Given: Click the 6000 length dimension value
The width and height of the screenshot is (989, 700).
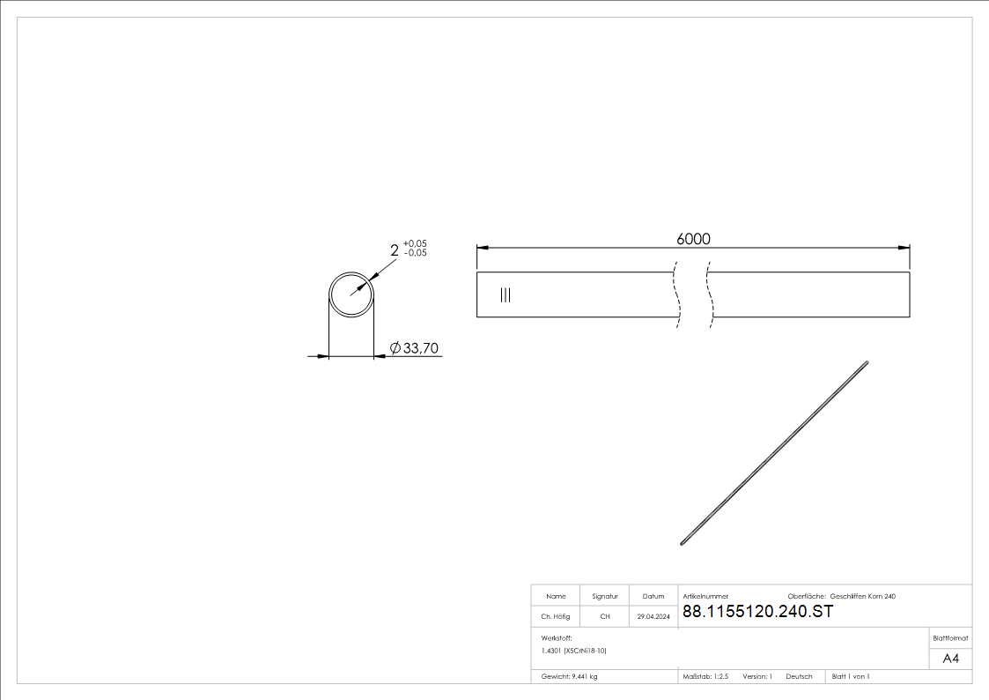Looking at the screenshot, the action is pyautogui.click(x=693, y=239).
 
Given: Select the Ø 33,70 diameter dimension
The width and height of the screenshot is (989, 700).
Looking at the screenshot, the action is pyautogui.click(x=414, y=347).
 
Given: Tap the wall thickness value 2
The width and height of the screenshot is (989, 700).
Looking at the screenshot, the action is pyautogui.click(x=395, y=250).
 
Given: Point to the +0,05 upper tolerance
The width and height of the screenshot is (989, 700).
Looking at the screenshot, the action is pyautogui.click(x=415, y=243).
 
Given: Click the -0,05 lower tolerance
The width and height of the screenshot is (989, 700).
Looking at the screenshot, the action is pyautogui.click(x=415, y=252).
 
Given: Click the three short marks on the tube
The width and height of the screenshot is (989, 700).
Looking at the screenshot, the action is pyautogui.click(x=506, y=294).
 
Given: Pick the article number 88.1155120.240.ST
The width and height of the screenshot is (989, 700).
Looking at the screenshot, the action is pyautogui.click(x=757, y=612).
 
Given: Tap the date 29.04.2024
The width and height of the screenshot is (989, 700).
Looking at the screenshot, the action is pyautogui.click(x=653, y=616).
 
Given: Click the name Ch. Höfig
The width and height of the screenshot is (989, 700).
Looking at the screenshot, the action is pyautogui.click(x=555, y=616).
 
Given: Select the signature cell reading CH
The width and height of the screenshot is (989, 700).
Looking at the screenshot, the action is pyautogui.click(x=605, y=616).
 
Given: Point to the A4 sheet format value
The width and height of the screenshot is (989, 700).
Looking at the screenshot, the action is pyautogui.click(x=950, y=659).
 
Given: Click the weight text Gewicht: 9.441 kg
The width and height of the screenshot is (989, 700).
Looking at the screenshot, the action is pyautogui.click(x=569, y=677).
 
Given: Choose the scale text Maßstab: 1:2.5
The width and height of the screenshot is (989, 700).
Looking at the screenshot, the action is pyautogui.click(x=705, y=677).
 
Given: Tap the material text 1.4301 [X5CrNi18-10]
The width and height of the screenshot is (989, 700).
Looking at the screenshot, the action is pyautogui.click(x=573, y=651).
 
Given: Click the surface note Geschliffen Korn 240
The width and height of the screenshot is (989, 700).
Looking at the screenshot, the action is pyautogui.click(x=862, y=597).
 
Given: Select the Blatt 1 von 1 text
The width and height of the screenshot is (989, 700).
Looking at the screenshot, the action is pyautogui.click(x=850, y=677).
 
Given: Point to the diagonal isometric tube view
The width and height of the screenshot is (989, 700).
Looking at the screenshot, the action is pyautogui.click(x=774, y=453).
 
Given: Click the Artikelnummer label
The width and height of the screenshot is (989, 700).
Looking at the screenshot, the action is pyautogui.click(x=705, y=597).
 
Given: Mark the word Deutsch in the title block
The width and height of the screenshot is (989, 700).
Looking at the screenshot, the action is pyautogui.click(x=799, y=677).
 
